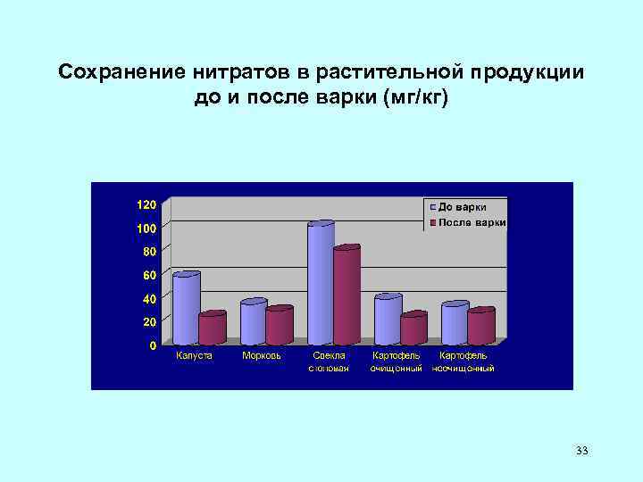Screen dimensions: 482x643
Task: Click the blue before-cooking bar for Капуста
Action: (186, 309)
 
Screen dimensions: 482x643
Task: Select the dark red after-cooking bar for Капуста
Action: (212, 328)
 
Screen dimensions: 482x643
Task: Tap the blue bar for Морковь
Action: (254, 322)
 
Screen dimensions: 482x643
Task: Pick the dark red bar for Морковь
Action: (280, 326)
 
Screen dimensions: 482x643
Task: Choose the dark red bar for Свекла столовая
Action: (346, 295)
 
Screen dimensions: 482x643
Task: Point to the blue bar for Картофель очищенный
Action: (388, 320)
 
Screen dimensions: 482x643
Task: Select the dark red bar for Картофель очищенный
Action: (413, 328)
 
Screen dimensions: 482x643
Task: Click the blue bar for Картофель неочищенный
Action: (455, 323)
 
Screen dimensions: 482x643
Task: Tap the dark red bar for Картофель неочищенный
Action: (480, 327)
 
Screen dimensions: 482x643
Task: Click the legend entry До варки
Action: (465, 207)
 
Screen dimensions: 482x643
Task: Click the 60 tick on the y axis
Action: (149, 274)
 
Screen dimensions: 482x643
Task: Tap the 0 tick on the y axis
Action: (153, 345)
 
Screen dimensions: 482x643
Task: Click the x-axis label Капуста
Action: (194, 355)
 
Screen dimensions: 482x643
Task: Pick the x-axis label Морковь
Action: (262, 355)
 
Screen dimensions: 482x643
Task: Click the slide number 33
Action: (582, 451)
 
